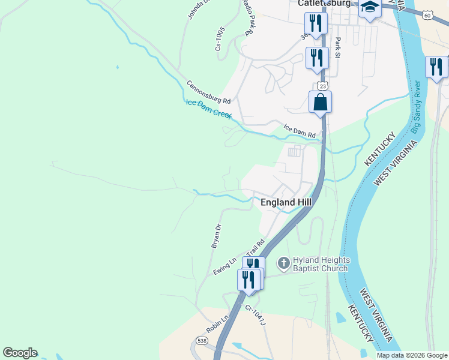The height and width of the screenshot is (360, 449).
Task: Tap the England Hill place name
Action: (x=286, y=203)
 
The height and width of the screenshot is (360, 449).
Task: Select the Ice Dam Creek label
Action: (x=208, y=109)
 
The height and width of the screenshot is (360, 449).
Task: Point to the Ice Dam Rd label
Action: (x=300, y=131)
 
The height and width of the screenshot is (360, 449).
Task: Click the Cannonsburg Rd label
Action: (x=208, y=92)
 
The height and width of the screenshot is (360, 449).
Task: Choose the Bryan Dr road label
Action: (x=216, y=236)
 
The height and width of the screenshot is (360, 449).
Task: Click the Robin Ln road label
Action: (x=218, y=325)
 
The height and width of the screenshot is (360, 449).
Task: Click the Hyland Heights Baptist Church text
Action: (x=321, y=264)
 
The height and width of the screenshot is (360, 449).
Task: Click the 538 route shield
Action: (x=200, y=343)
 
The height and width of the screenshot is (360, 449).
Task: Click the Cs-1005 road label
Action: (x=221, y=38)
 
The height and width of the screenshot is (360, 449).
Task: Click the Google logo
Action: (x=20, y=353)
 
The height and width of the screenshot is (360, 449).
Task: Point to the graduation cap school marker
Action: (x=370, y=8)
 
